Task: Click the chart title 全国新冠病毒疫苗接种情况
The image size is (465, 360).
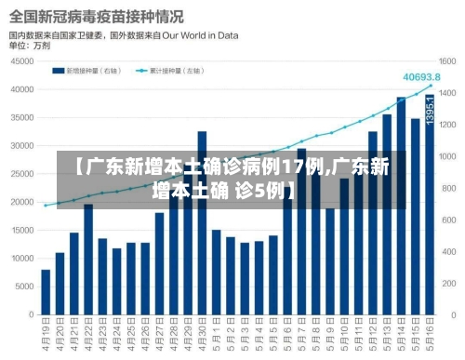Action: click(x=96, y=17)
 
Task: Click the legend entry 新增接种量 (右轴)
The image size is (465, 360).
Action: click(x=92, y=70)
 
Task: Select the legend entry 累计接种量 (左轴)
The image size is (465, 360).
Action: click(x=172, y=70)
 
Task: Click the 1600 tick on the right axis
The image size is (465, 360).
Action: click(x=448, y=61)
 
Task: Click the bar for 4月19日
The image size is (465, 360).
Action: click(x=46, y=292)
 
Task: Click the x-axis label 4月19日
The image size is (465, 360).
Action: click(x=46, y=336)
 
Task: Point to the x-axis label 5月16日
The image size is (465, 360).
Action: click(x=430, y=336)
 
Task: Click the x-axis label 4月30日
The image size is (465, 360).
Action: click(x=202, y=336)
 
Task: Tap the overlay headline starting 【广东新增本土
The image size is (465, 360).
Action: click(x=232, y=180)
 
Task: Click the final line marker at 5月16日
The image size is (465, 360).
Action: click(x=430, y=86)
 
